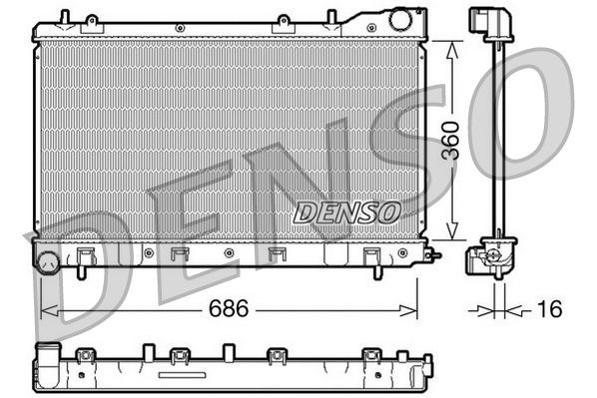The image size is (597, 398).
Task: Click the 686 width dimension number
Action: click(x=226, y=311)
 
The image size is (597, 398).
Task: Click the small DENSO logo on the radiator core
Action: click(x=346, y=211)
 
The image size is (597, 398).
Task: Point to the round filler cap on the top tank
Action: click(x=401, y=19)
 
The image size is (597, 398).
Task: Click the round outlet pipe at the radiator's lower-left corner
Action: click(x=47, y=262)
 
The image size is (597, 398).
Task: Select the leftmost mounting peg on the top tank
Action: click(x=64, y=17)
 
